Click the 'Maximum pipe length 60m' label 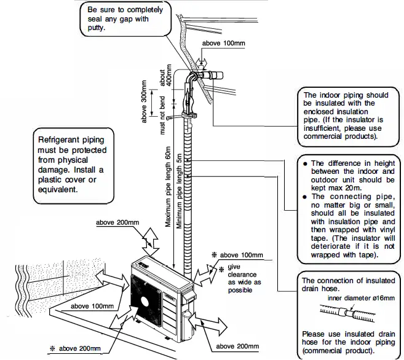click(168, 188)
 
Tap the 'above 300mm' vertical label click(145, 101)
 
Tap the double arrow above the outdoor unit click(150, 238)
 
